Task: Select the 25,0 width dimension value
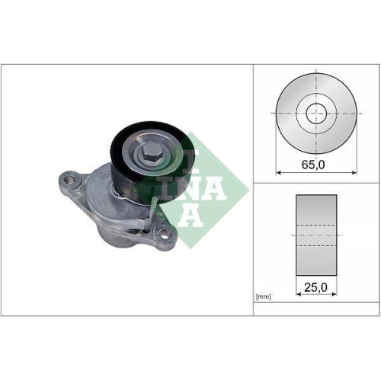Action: (315, 287)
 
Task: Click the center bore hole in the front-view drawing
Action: (315, 114)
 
